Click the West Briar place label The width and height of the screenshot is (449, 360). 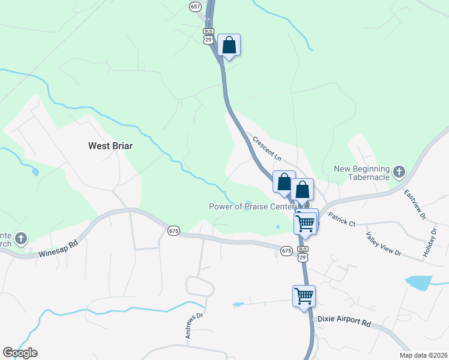(x=110, y=146)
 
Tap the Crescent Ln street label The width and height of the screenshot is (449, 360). (x=267, y=148)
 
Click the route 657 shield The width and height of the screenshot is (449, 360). (x=194, y=7)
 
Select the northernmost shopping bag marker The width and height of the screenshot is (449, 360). (x=229, y=45)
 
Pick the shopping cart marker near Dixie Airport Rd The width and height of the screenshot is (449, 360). (x=304, y=296)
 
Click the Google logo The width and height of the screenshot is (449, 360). (x=20, y=353)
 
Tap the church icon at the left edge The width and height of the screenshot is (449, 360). (x=21, y=238)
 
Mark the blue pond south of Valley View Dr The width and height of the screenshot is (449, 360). (x=418, y=281)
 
